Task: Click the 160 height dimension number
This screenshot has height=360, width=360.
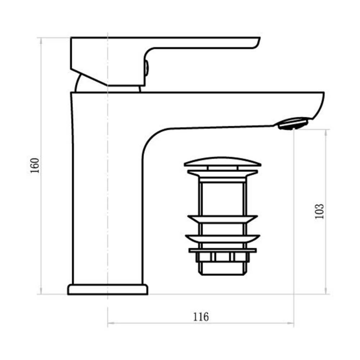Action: tap(35, 165)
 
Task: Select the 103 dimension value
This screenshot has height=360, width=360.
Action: tap(320, 211)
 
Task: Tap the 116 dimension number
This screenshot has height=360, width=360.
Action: tap(201, 317)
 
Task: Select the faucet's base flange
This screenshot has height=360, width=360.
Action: tap(108, 289)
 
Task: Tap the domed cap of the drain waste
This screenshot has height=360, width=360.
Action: tap(222, 162)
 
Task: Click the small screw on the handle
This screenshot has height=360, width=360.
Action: tap(146, 67)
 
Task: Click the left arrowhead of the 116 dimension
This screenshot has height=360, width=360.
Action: tap(110, 323)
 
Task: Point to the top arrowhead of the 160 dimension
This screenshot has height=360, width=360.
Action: tap(41, 39)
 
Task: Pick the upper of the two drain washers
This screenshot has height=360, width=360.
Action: tap(222, 219)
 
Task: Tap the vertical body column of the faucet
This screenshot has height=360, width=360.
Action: tap(108, 216)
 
